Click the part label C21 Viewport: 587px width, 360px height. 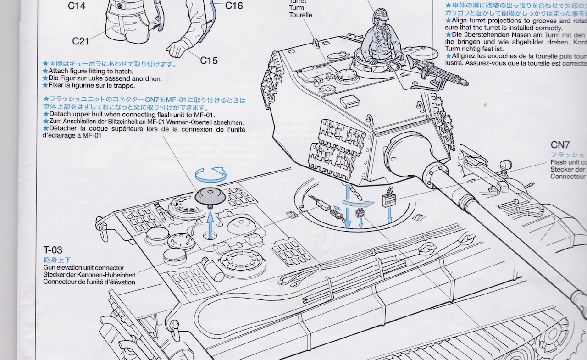click(80, 41)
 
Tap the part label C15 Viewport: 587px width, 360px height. click(209, 60)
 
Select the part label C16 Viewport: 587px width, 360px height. click(234, 6)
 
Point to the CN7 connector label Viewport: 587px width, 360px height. click(560, 145)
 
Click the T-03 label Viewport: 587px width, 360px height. click(53, 250)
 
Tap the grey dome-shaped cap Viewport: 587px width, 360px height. click(210, 196)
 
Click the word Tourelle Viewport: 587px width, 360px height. click(300, 15)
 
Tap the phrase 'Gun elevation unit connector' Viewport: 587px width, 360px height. click(83, 267)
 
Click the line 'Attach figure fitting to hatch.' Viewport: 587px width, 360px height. click(91, 71)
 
